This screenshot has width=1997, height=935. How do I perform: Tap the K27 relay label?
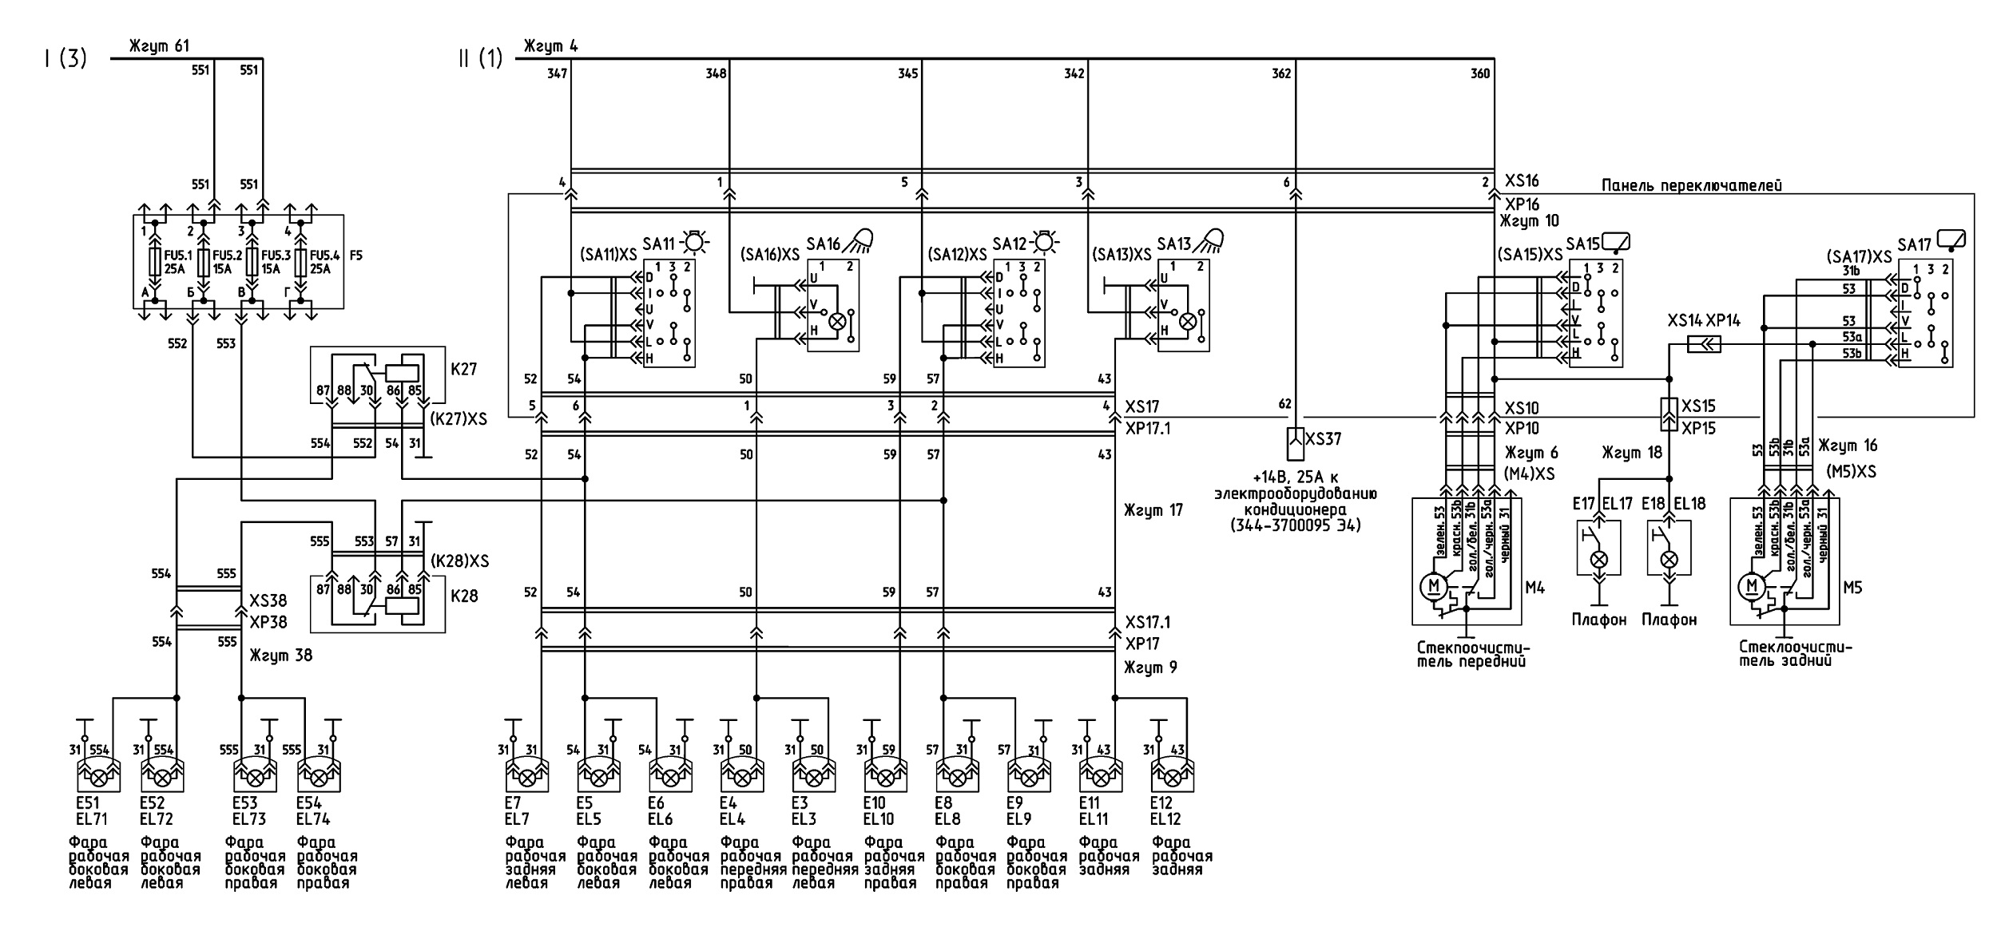point(464,369)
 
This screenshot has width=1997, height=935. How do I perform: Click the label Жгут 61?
point(160,46)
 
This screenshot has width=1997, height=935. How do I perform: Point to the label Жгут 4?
point(550,46)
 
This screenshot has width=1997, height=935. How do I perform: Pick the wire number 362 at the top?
point(1281,74)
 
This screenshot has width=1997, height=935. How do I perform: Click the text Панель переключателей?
point(1692,186)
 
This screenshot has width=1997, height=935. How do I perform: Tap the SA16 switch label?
point(824,244)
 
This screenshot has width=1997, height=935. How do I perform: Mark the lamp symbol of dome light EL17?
point(1599,560)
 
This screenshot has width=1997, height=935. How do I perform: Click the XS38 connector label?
point(268,600)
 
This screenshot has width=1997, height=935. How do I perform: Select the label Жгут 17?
point(1153,510)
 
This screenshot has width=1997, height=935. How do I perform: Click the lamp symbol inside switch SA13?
point(1188,321)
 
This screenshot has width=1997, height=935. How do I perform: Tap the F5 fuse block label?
point(356,257)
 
